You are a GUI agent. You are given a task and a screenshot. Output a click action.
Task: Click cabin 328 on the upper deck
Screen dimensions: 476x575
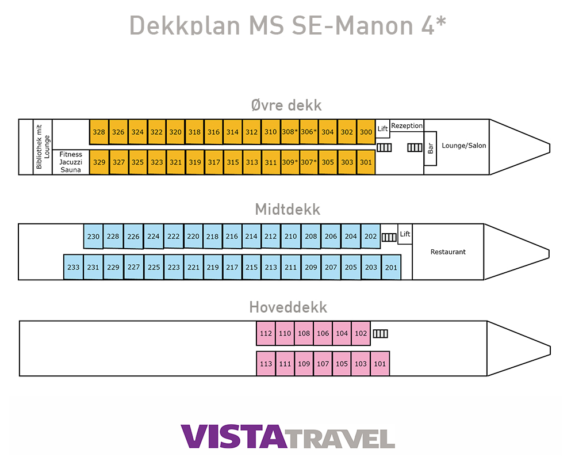point(99,132)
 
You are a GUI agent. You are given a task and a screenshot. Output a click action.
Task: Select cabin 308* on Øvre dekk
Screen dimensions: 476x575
point(290,132)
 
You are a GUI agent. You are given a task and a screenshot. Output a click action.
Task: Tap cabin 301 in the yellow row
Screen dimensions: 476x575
point(366,162)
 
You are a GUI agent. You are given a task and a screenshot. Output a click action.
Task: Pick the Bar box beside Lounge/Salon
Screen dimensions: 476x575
point(430,148)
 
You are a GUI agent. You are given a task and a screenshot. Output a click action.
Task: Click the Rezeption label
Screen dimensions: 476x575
point(407,125)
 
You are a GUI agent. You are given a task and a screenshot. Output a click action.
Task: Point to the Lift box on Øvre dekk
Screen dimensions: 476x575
point(383,129)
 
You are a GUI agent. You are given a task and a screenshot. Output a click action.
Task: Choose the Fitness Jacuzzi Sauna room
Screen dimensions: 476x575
point(71,162)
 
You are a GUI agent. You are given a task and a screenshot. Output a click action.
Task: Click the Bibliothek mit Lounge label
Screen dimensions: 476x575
point(43,147)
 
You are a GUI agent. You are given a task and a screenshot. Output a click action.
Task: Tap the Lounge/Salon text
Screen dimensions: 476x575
point(463,146)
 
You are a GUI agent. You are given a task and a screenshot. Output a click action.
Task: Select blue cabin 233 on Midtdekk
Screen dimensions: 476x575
point(74,267)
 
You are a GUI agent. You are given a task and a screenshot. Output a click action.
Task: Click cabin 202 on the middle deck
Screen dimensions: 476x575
point(371,236)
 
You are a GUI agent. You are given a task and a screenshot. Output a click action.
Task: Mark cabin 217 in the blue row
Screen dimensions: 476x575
point(232,267)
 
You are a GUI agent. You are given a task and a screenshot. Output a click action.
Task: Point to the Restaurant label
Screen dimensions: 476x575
point(448,252)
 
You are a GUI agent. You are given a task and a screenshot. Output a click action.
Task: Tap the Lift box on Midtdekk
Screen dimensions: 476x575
point(405,234)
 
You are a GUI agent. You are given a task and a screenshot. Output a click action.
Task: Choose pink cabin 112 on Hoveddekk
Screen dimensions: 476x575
point(266,333)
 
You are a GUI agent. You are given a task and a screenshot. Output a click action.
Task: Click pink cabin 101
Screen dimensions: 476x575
point(379,364)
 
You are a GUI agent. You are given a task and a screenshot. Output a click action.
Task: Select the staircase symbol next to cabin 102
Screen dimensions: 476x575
point(380,333)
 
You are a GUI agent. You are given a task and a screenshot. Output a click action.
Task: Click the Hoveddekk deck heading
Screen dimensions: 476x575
point(288,307)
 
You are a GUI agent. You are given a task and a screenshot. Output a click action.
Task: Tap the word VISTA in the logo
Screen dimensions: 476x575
point(233,437)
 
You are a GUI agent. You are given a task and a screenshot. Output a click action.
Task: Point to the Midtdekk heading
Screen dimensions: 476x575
point(287,209)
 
